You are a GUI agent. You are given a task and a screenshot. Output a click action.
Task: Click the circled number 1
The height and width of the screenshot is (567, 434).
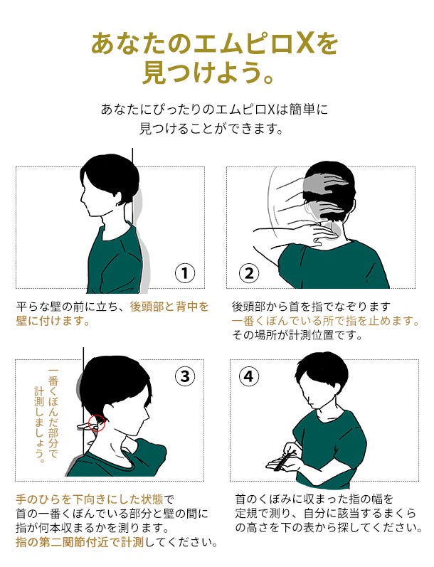[185, 273]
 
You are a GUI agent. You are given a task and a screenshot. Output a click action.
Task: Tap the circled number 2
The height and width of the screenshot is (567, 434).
[249, 273]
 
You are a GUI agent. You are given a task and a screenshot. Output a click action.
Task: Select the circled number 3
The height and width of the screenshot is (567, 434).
[185, 376]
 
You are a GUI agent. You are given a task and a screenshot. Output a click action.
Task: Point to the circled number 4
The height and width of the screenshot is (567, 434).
[249, 376]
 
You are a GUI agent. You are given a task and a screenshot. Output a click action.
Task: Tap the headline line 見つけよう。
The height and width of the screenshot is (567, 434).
[208, 73]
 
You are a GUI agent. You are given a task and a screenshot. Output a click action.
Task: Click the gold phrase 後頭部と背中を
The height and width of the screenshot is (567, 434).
[169, 307]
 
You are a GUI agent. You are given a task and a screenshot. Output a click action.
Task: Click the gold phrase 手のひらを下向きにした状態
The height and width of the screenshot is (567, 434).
[90, 499]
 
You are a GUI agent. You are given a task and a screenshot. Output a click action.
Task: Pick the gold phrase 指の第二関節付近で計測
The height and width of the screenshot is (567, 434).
[80, 542]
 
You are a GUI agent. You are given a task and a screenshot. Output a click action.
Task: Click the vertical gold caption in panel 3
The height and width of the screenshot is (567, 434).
[46, 416]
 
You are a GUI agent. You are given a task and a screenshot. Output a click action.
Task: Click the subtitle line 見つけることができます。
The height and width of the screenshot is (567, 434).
[211, 129]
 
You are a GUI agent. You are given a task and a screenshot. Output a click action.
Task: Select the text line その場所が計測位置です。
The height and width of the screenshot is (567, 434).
[297, 335]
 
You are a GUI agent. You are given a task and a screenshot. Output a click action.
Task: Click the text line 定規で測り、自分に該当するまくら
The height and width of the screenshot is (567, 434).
[326, 514]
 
